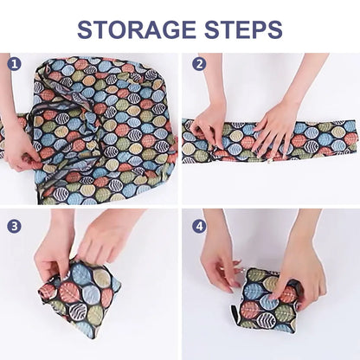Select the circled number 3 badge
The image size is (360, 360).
[x=14, y=225]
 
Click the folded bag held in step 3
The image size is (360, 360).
[x=78, y=299]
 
